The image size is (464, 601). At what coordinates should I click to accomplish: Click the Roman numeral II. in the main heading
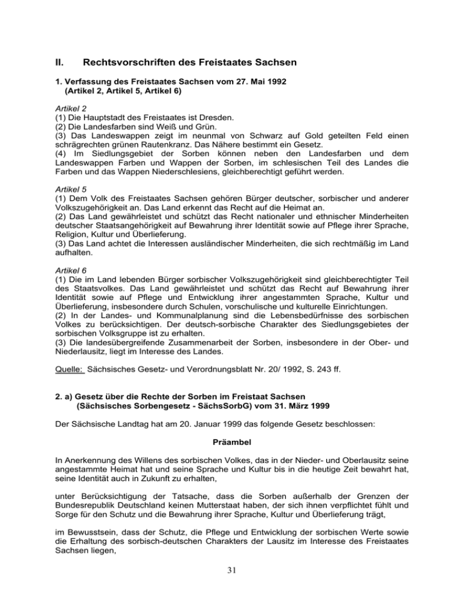(59, 61)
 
